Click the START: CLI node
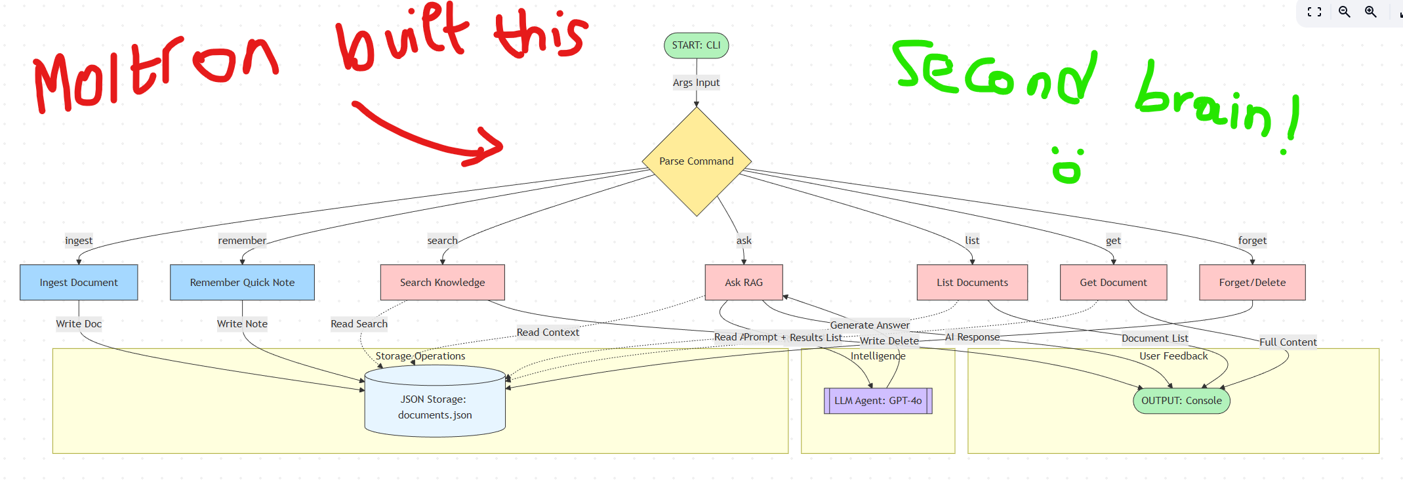tap(696, 45)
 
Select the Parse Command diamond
tap(696, 161)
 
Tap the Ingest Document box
tap(79, 283)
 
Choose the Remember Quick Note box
tap(242, 283)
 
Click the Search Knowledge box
tap(442, 283)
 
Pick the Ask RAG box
tap(743, 283)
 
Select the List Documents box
tap(972, 283)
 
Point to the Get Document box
tap(1113, 283)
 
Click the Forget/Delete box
tap(1251, 283)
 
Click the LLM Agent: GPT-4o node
tap(878, 401)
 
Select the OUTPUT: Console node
tap(1181, 401)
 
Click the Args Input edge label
tap(696, 83)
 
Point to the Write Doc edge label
tap(79, 324)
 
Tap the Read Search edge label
tap(359, 324)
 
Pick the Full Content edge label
tap(1288, 342)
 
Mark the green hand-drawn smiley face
tap(1067, 165)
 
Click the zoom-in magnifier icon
tap(1371, 12)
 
